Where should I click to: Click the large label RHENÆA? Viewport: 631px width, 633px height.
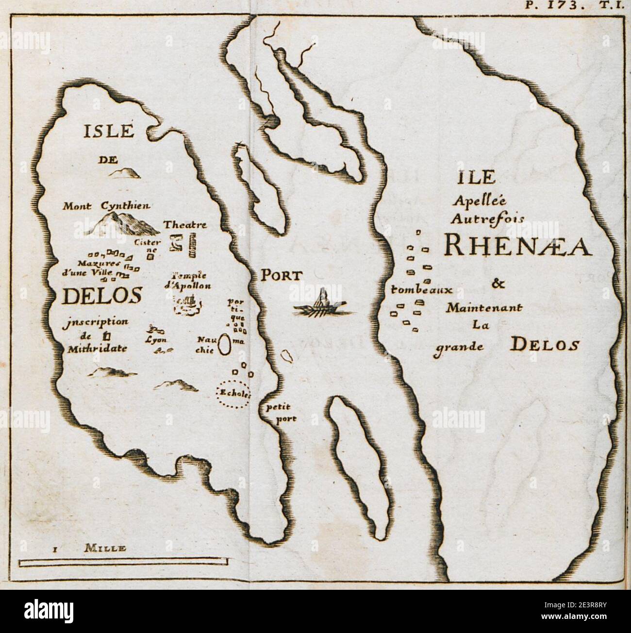click(516, 247)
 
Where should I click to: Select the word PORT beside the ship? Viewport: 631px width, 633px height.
click(282, 276)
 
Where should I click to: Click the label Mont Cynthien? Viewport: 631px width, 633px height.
click(107, 206)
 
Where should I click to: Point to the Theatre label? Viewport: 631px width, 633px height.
click(185, 225)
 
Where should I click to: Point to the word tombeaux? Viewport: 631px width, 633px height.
click(421, 290)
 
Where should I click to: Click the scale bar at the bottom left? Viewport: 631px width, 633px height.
click(124, 563)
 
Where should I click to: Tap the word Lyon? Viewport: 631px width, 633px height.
click(156, 340)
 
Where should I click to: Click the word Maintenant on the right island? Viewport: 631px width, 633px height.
click(484, 307)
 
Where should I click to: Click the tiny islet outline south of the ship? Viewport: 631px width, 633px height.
click(287, 357)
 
